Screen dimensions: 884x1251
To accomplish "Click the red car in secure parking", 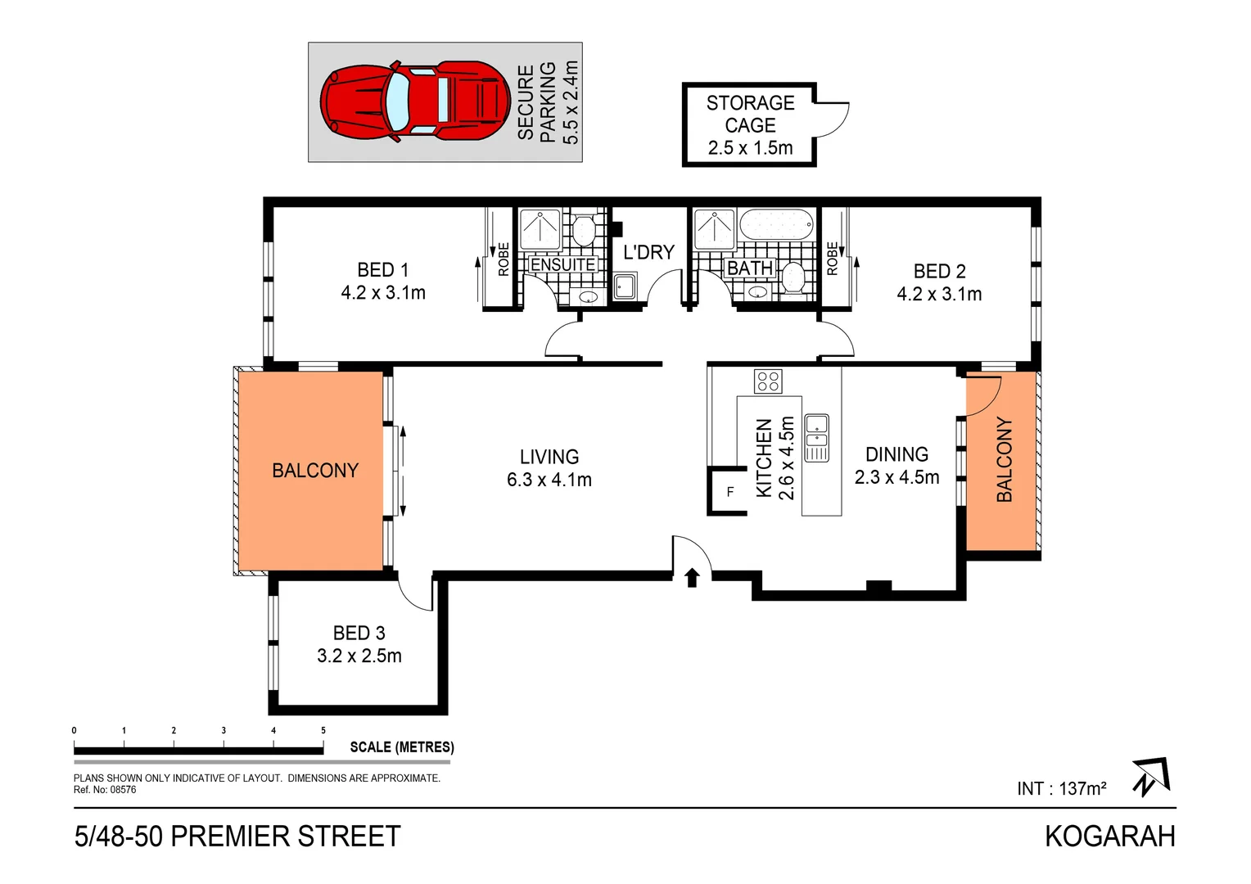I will [x=416, y=101].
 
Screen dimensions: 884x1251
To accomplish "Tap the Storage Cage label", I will [x=750, y=125].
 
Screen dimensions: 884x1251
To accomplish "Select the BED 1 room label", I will [x=382, y=281].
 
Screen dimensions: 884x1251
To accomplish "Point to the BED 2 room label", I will [x=939, y=282].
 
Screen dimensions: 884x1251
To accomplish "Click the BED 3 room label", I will [x=359, y=644].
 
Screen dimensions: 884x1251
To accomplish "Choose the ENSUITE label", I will [x=563, y=264].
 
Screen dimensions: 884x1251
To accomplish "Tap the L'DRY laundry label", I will [x=648, y=252].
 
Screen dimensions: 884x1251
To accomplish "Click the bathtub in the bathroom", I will [x=776, y=224].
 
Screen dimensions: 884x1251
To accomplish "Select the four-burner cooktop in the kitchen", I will [x=768, y=381].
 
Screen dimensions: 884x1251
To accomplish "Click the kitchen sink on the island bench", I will [x=816, y=436].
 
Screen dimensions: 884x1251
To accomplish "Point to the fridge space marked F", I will [x=729, y=492].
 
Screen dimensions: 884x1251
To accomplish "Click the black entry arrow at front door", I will [x=692, y=578].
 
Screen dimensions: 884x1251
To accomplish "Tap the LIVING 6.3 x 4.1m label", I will [x=549, y=468].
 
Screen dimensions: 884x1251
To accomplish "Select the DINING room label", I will [x=896, y=466].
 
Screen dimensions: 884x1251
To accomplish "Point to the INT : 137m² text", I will [x=1061, y=788].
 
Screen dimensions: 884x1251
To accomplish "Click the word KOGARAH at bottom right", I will [x=1109, y=837].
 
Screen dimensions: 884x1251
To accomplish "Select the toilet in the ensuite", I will [x=583, y=231].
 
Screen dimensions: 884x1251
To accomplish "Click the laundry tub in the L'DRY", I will [x=625, y=286].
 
